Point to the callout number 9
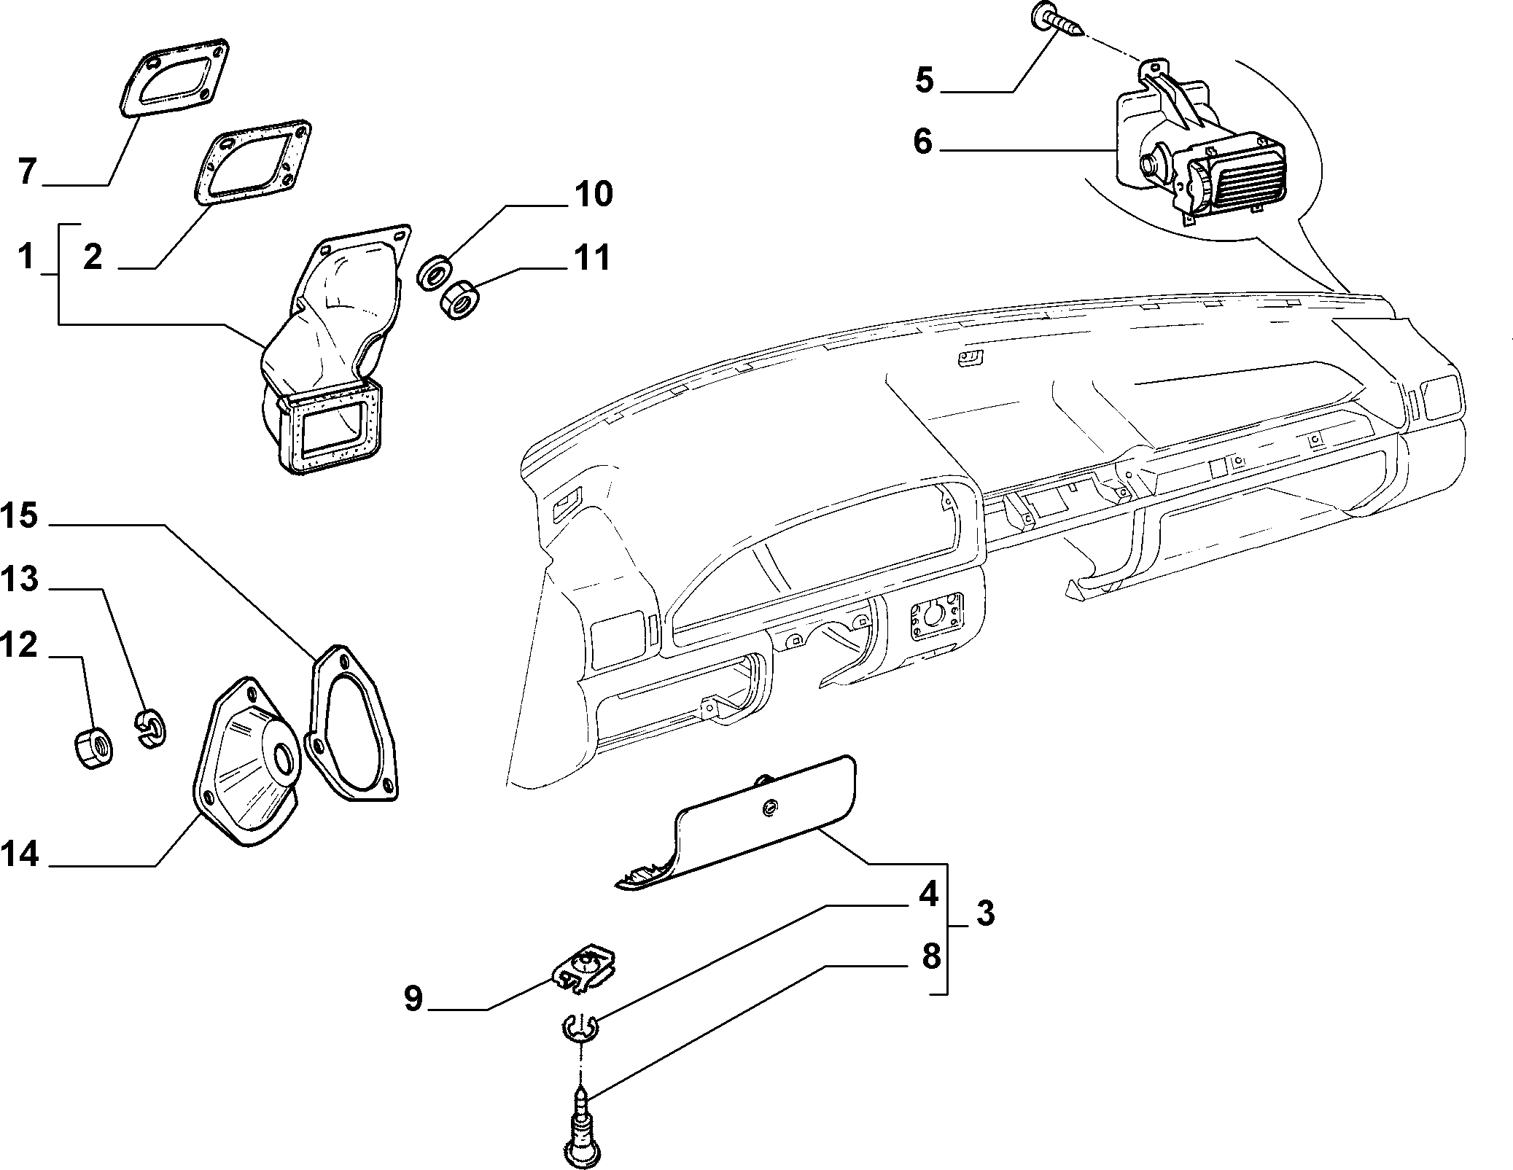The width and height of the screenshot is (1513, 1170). point(413,999)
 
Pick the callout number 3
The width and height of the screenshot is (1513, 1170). point(986,912)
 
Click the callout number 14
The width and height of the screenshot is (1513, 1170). point(19,853)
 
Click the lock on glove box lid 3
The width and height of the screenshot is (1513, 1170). point(769,808)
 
